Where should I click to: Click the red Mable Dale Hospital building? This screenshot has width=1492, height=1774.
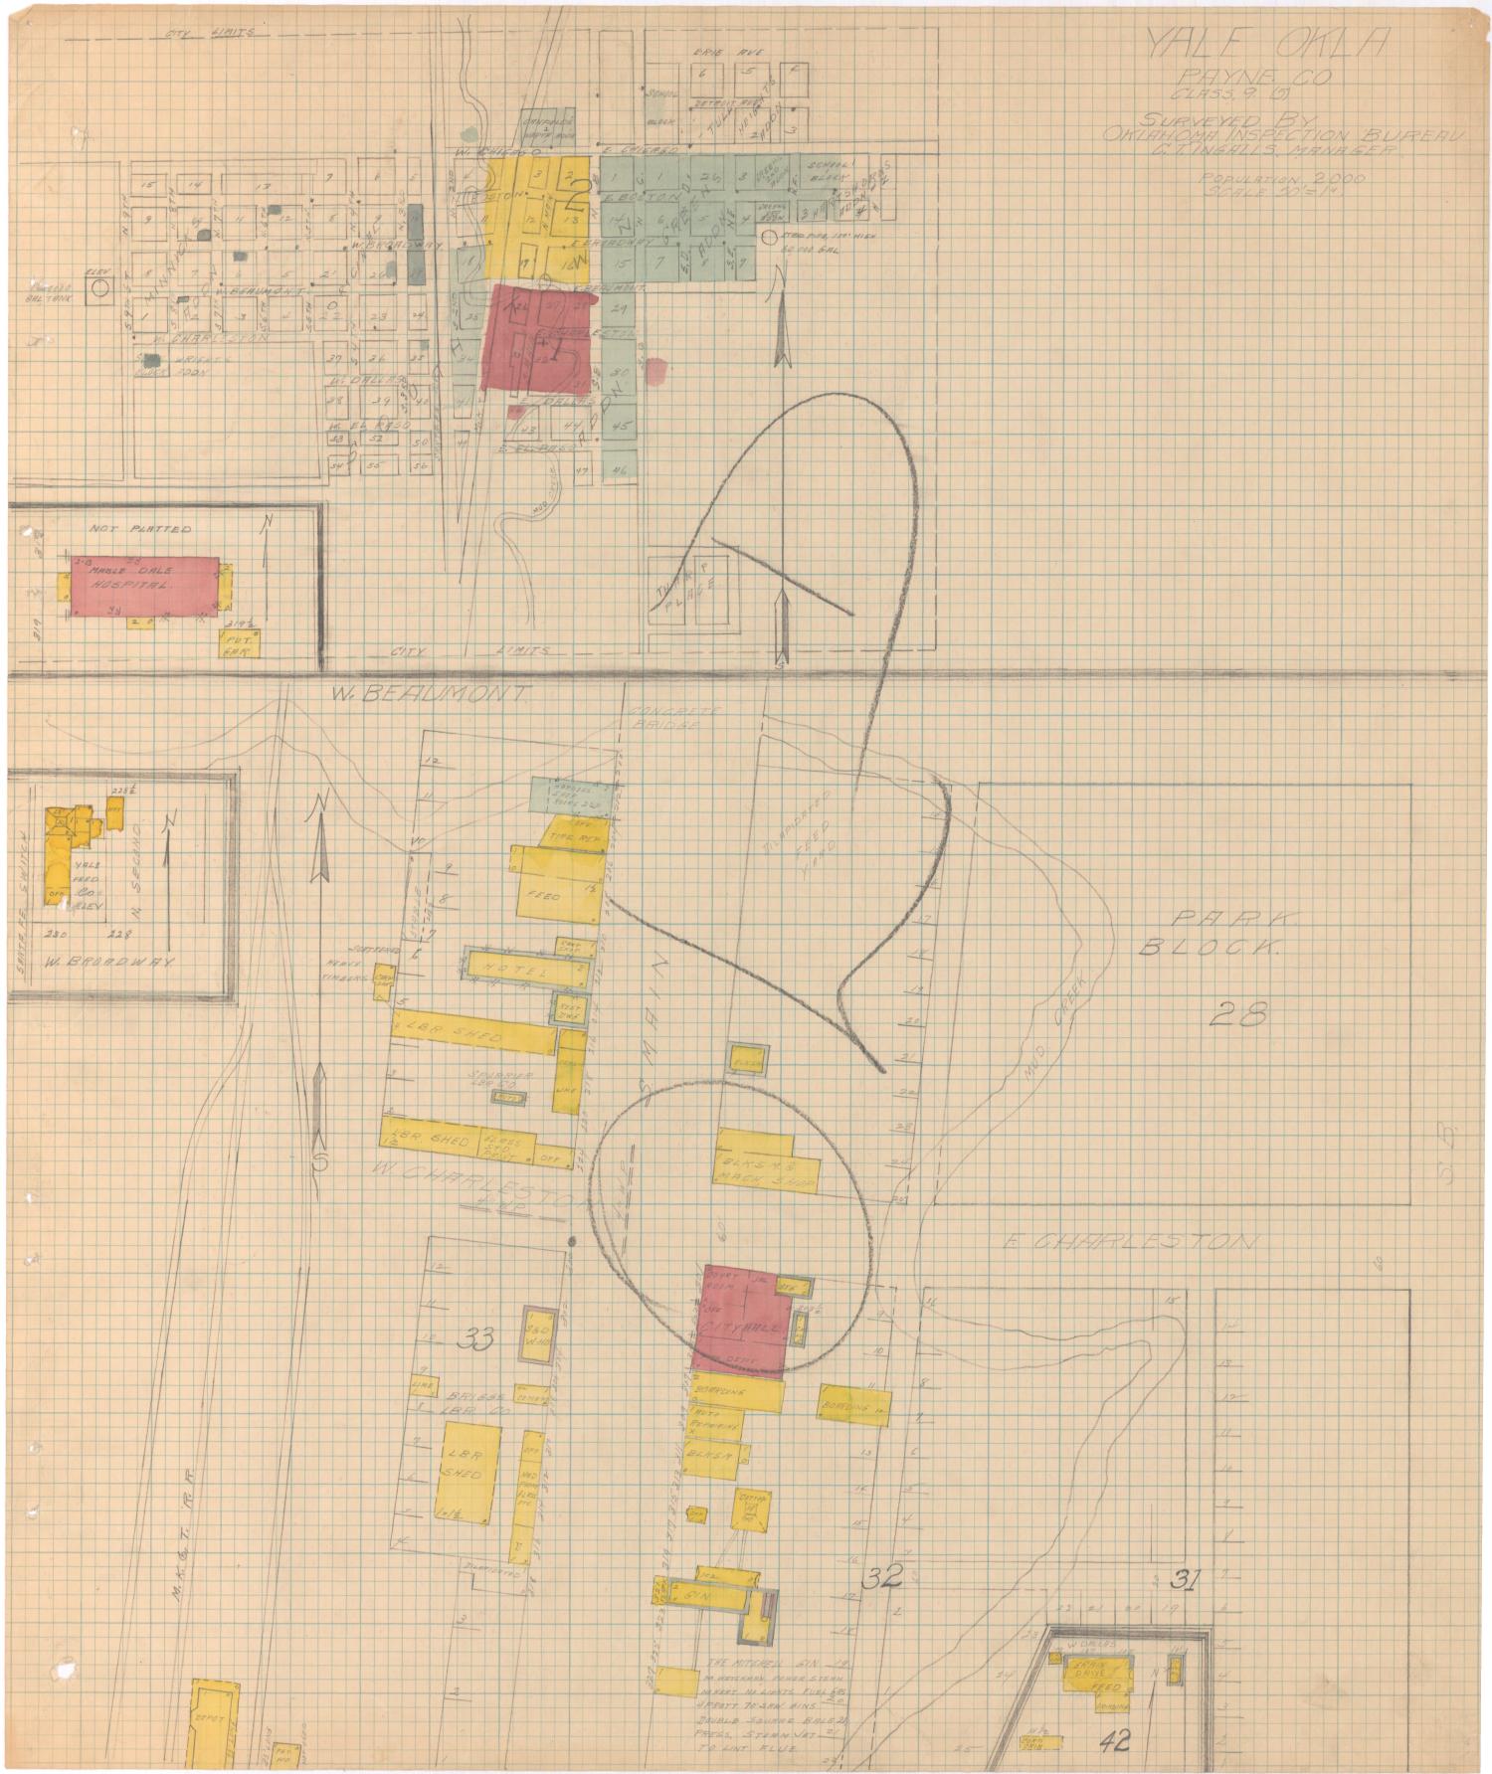pyautogui.click(x=145, y=586)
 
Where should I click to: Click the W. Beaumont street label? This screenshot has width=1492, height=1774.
pyautogui.click(x=428, y=694)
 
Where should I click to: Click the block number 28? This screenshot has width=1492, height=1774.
pyautogui.click(x=1240, y=1014)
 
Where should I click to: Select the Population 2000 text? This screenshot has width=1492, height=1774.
pyautogui.click(x=1282, y=177)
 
